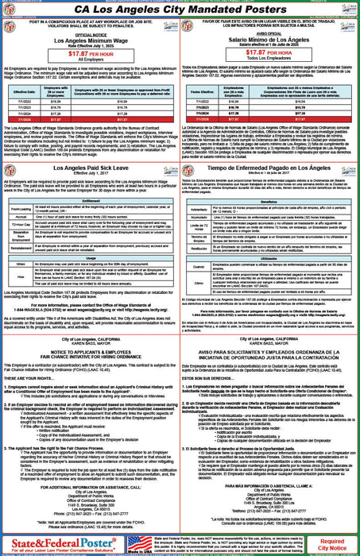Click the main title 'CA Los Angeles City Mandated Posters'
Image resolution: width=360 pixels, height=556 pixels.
click(x=180, y=10)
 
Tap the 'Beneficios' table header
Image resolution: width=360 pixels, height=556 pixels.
click(x=270, y=202)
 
